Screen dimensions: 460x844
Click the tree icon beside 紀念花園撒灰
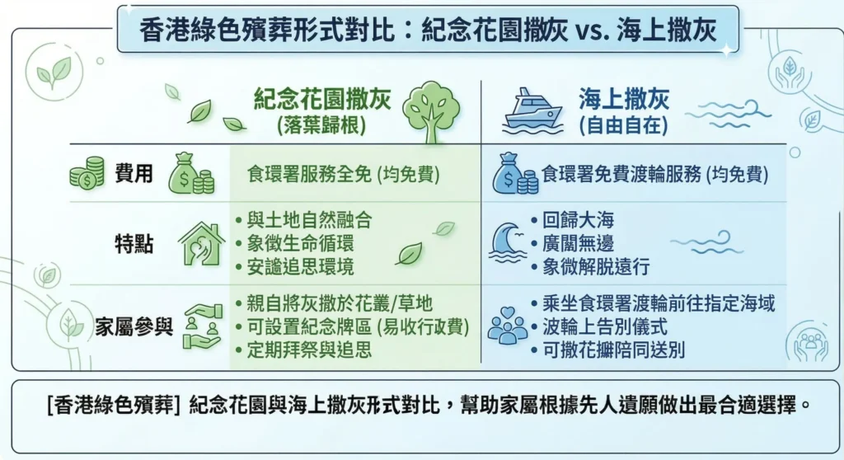(x=433, y=110)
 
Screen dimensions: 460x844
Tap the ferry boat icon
(x=533, y=110)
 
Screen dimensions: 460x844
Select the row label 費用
(x=133, y=174)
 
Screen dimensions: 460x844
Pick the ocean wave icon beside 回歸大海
(x=507, y=242)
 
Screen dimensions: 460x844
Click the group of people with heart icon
(x=507, y=326)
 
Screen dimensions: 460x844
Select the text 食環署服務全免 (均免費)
(x=343, y=175)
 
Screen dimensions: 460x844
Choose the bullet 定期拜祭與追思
(x=309, y=350)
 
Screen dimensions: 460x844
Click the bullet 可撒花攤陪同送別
(x=608, y=350)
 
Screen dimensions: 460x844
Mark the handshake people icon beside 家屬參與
(x=201, y=326)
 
